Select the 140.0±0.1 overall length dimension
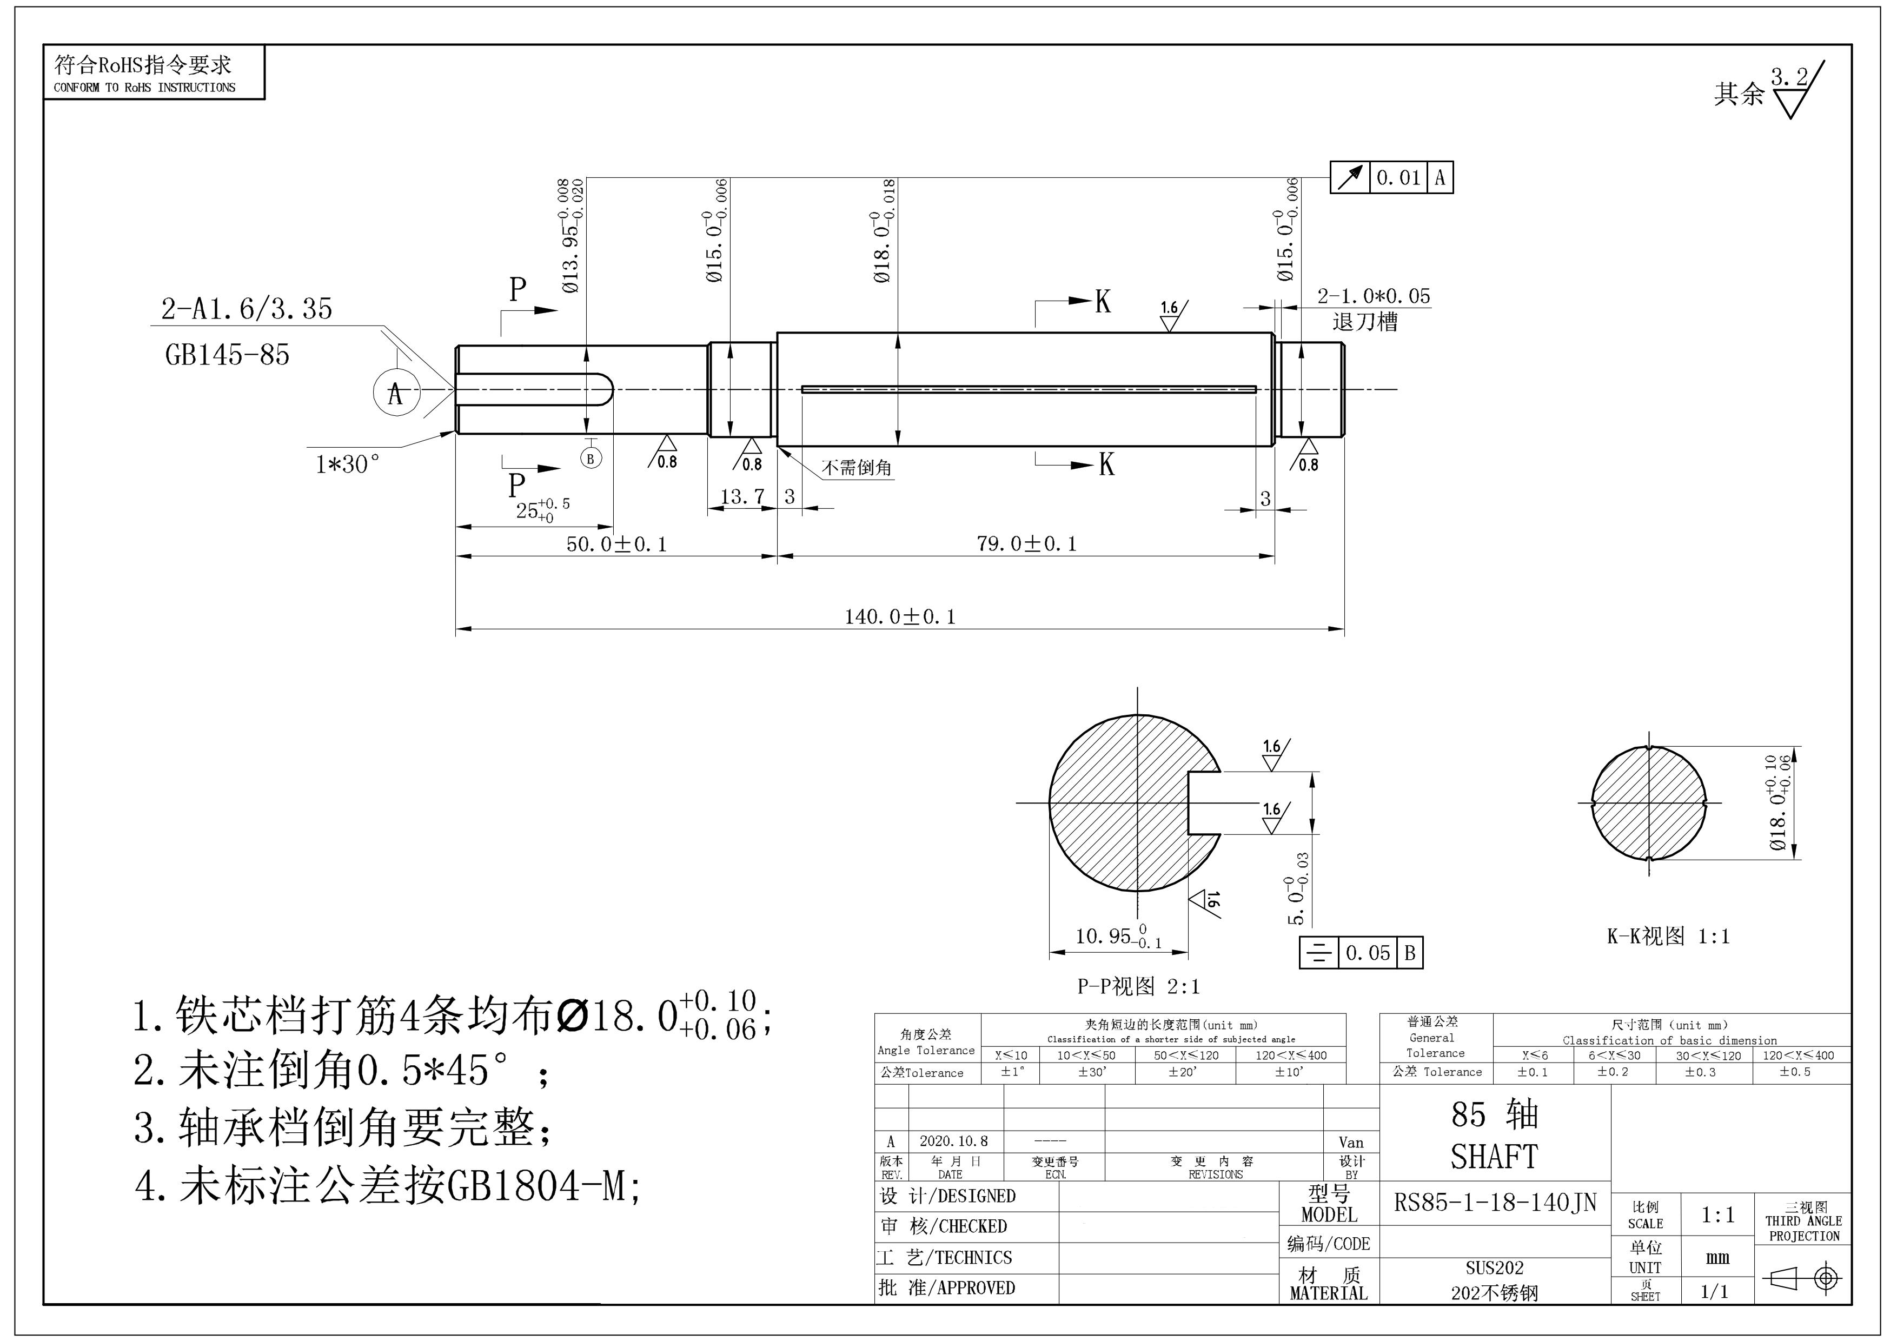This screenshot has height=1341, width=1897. (900, 617)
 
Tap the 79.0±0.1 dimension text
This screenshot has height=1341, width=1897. (1027, 543)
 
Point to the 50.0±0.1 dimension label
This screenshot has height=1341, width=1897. (616, 543)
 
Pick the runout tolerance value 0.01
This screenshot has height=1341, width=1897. (1398, 178)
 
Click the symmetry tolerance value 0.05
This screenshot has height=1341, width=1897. (1368, 953)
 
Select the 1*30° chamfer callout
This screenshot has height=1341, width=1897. (348, 464)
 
